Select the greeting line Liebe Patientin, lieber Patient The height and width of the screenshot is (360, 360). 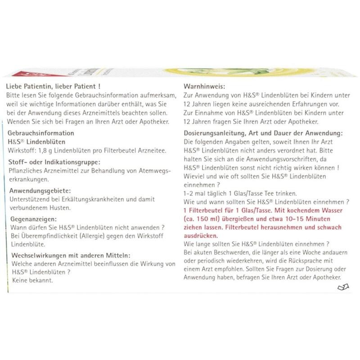[x=52, y=86]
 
